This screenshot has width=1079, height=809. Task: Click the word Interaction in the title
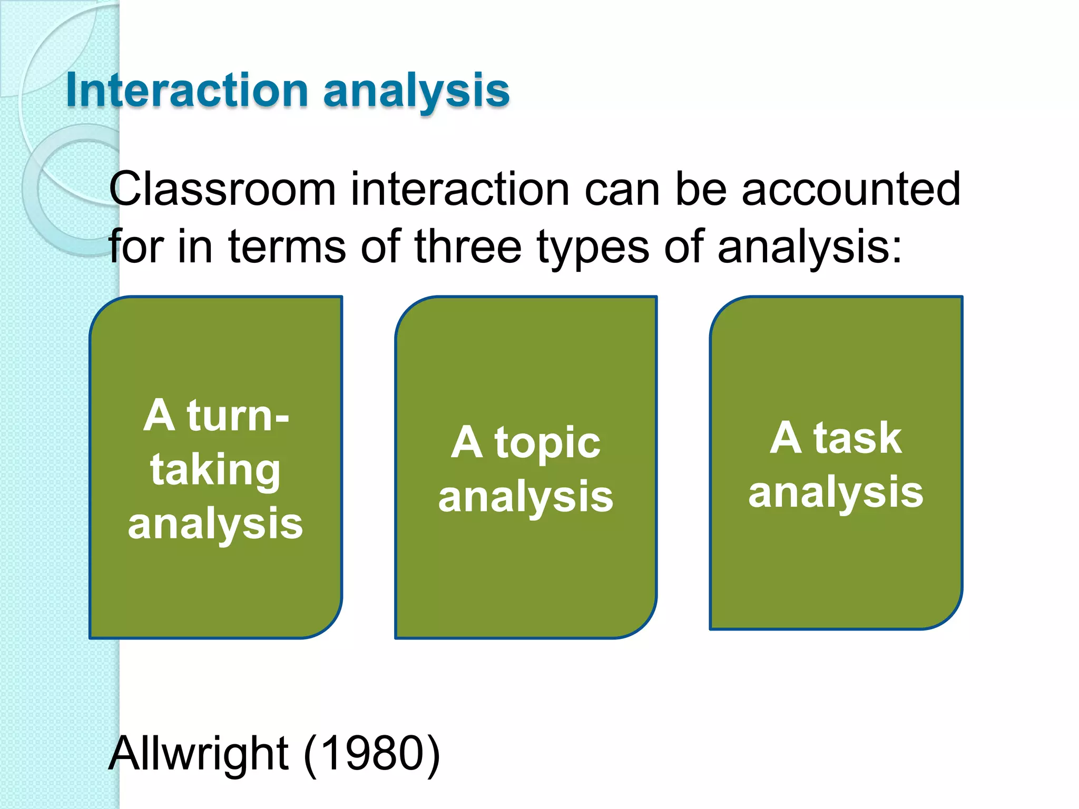(x=187, y=91)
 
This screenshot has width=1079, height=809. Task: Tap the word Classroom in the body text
(x=222, y=190)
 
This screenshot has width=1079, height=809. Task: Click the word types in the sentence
(x=593, y=248)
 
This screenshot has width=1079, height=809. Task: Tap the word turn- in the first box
(x=237, y=416)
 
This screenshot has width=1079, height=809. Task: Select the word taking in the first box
(x=215, y=470)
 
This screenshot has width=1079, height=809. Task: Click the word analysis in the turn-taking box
(x=215, y=524)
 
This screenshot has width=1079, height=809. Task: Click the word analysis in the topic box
(x=526, y=497)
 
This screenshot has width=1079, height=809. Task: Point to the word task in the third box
(x=857, y=439)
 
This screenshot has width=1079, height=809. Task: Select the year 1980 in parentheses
(x=371, y=753)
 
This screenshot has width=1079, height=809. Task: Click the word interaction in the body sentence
(x=460, y=190)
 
